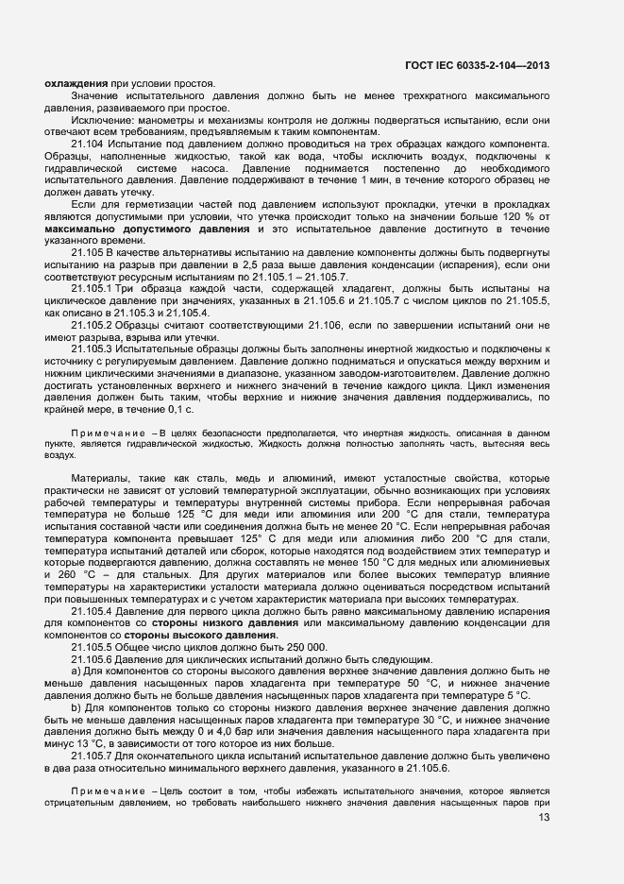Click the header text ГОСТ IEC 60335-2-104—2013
(x=477, y=65)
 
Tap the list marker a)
(x=76, y=670)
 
